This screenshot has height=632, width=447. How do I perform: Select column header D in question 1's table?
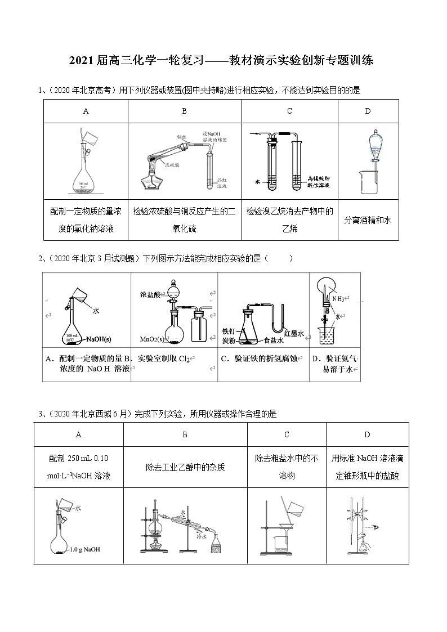point(368,111)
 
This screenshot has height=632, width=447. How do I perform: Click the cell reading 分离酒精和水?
point(368,220)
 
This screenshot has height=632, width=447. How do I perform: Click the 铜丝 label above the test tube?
point(181,136)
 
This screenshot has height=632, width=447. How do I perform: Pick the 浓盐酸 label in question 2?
point(151,294)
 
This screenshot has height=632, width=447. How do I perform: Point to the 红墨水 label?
point(293,334)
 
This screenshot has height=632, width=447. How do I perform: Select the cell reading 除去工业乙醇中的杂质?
point(185,467)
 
